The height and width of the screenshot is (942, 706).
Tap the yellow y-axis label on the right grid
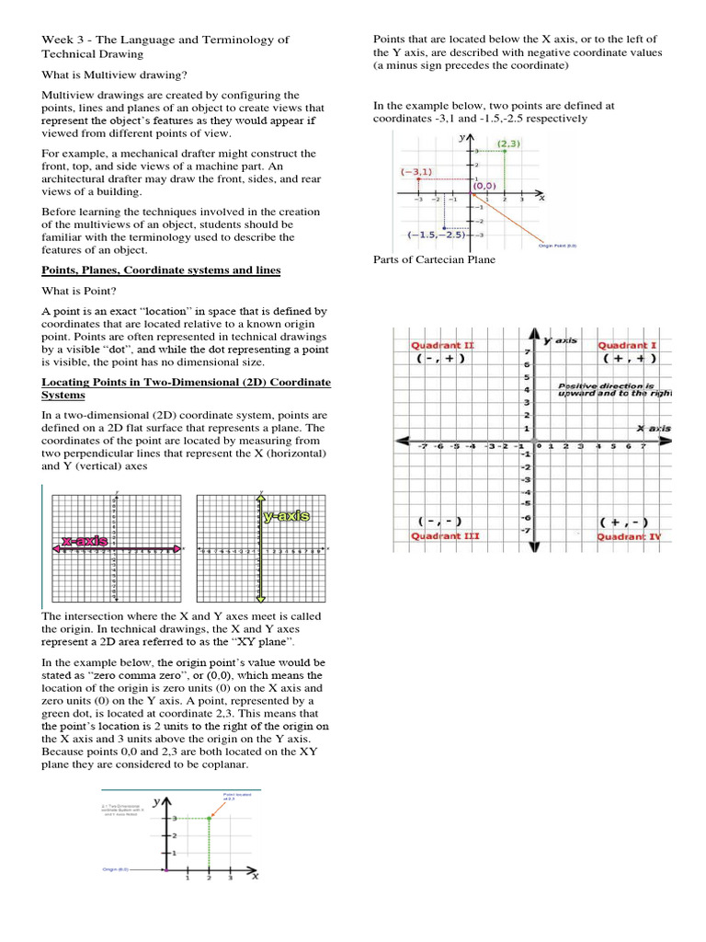(286, 517)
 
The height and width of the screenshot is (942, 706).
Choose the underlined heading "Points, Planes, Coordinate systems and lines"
(161, 270)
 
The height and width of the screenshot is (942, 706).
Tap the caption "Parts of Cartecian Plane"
(434, 259)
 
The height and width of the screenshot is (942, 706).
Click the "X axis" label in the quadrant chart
(654, 428)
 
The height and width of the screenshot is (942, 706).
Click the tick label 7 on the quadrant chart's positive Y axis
(526, 352)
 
